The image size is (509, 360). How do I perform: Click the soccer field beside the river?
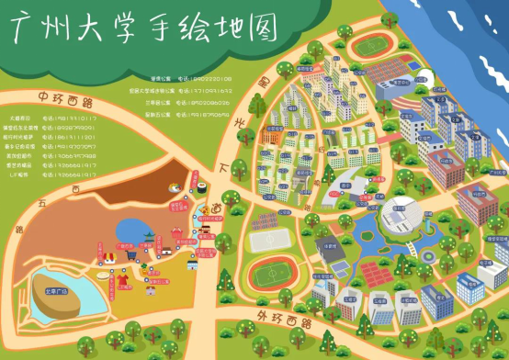(x=370, y=45)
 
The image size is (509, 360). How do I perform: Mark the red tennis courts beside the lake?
(x=371, y=271)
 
